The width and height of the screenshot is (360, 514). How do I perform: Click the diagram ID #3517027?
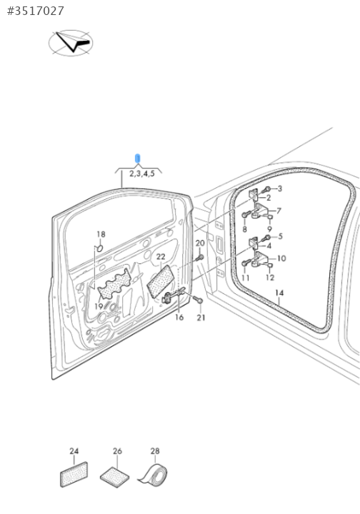tap(36, 11)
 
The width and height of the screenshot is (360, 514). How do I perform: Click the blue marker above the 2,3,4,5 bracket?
tap(138, 158)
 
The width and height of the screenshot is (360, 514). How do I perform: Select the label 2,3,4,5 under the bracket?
tap(142, 173)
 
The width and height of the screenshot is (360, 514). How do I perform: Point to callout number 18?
tap(101, 234)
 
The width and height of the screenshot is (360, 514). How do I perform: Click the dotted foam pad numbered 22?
tap(160, 281)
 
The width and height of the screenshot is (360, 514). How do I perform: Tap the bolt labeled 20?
tap(200, 258)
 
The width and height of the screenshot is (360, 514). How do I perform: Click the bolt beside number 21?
tap(198, 299)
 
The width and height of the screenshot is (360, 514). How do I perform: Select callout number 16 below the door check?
tap(179, 317)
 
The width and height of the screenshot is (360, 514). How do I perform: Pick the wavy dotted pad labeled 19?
tap(115, 283)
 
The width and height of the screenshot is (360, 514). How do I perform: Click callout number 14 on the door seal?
tap(279, 293)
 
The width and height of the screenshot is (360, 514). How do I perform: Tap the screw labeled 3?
tap(267, 189)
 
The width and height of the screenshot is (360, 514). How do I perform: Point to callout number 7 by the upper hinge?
tap(279, 211)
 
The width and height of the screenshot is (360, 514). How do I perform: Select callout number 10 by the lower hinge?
tap(281, 258)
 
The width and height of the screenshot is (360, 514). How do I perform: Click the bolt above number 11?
tap(246, 263)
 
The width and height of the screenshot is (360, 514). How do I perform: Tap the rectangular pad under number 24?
tap(74, 474)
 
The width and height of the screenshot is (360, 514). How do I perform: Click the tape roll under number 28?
tap(154, 474)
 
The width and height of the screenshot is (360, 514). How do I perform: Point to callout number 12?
tap(270, 278)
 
